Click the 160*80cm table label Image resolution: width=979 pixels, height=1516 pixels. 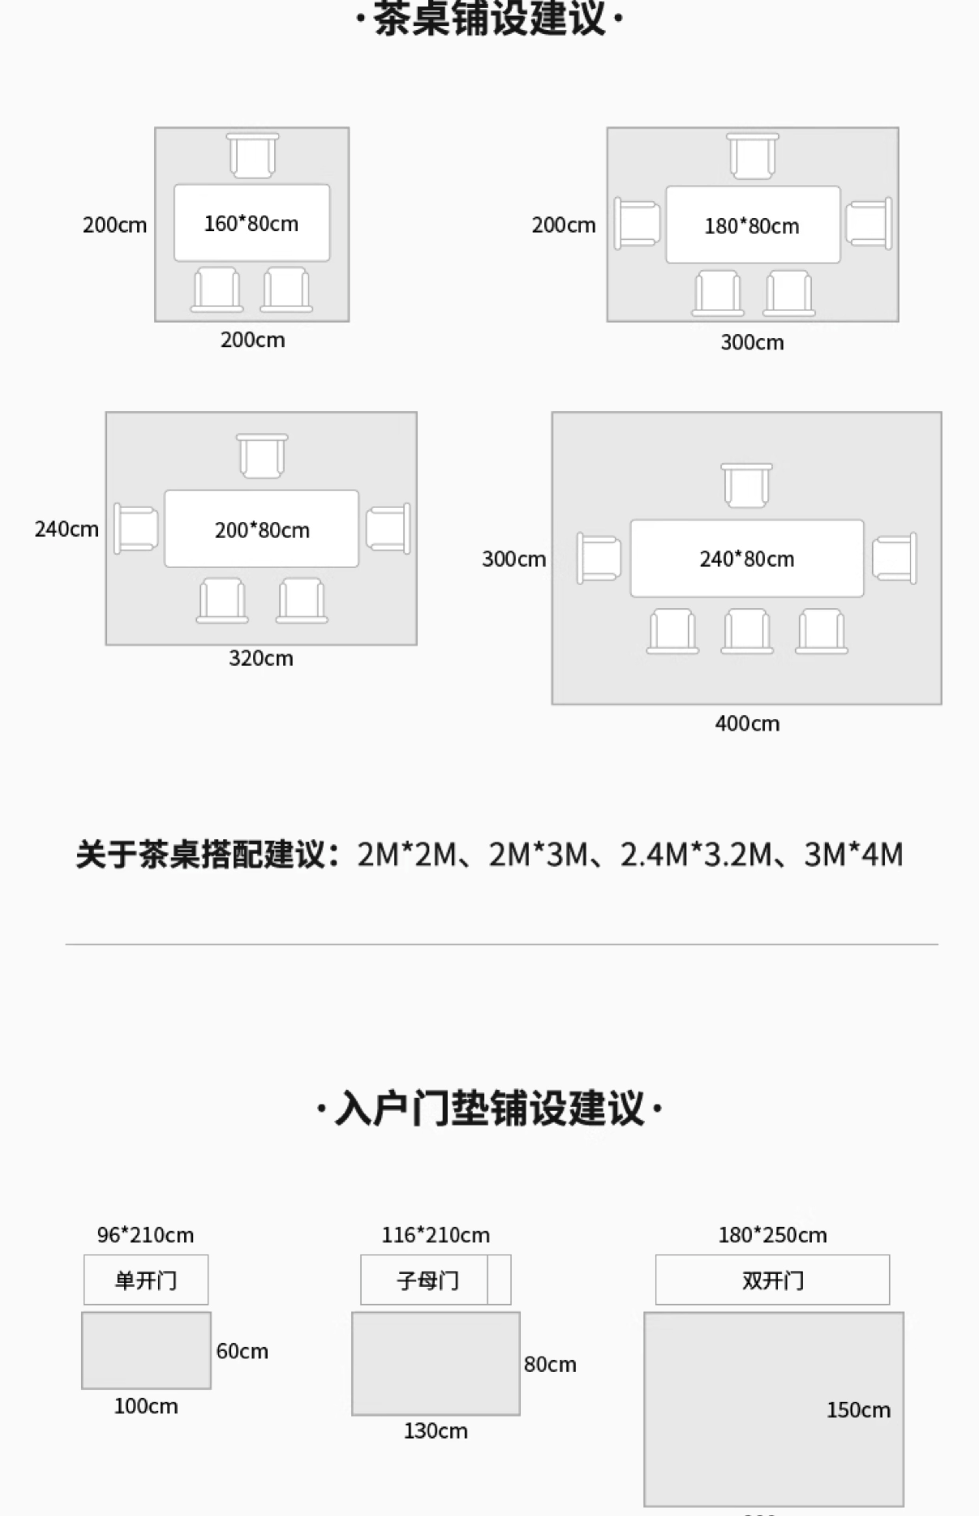point(251,224)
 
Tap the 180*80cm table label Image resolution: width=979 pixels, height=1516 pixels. point(751,226)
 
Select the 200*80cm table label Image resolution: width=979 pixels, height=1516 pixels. point(262,530)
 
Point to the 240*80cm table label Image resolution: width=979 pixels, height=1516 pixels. point(747,559)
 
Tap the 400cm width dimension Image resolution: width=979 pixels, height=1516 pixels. point(747,723)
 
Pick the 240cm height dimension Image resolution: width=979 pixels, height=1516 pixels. point(66,529)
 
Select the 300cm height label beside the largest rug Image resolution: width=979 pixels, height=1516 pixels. point(514,559)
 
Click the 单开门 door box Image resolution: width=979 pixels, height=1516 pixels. point(146,1280)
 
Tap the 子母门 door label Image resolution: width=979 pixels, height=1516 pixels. point(427,1280)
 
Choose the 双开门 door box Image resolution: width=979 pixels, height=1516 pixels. point(773,1280)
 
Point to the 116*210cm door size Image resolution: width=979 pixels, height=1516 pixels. point(435,1235)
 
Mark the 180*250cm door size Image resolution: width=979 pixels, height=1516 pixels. point(773,1235)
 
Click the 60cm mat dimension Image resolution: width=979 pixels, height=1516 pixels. point(242,1351)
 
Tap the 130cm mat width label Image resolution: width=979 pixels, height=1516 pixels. point(435,1431)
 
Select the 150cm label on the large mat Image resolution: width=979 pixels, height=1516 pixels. point(858,1410)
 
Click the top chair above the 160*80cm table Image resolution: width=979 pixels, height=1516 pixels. point(252,156)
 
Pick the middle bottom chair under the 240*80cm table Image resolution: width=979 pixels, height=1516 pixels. point(747,631)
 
